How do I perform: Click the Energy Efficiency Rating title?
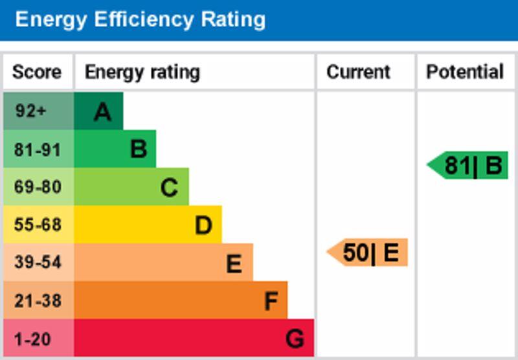141,19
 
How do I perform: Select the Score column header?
37,72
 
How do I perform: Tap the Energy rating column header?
142,72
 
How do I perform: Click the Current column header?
358,72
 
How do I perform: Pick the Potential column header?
464,72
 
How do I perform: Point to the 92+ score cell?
31,111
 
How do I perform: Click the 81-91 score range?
37,150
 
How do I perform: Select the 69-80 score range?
37,187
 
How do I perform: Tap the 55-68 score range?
37,225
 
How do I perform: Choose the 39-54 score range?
37,262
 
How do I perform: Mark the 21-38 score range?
37,300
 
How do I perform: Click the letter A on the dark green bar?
102,112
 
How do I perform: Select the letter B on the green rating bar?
139,150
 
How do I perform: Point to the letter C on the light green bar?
169,188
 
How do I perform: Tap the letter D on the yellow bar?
203,225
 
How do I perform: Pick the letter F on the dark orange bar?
271,301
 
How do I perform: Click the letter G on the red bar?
295,339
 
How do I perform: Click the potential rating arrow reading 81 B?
469,166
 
